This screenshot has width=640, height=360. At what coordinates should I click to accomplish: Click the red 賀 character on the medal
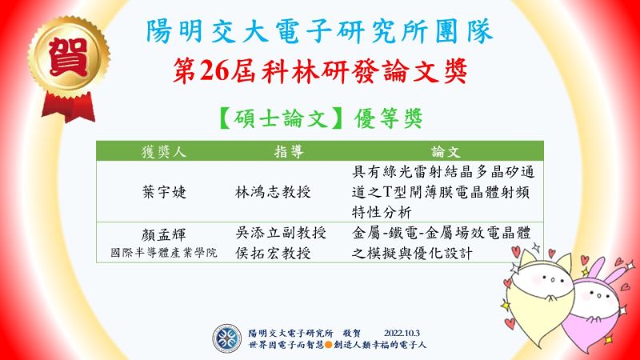pyautogui.click(x=68, y=57)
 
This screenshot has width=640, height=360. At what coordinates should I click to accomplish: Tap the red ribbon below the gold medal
pyautogui.click(x=69, y=107)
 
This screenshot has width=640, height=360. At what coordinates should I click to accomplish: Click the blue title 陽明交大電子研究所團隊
pyautogui.click(x=319, y=31)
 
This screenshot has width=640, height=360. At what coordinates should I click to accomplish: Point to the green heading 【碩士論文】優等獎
pyautogui.click(x=320, y=118)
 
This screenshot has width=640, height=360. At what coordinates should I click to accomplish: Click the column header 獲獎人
pyautogui.click(x=164, y=152)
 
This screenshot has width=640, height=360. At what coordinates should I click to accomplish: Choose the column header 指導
pyautogui.click(x=289, y=152)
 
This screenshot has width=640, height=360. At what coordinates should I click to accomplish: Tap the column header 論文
pyautogui.click(x=446, y=152)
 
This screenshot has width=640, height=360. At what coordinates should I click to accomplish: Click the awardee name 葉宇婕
pyautogui.click(x=164, y=192)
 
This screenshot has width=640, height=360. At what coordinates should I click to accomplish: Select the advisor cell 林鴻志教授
pyautogui.click(x=273, y=192)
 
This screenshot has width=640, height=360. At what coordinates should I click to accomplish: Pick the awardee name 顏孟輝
pyautogui.click(x=164, y=234)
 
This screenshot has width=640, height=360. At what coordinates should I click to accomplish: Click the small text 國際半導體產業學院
pyautogui.click(x=164, y=253)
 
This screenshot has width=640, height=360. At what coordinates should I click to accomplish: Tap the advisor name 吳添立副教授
pyautogui.click(x=281, y=233)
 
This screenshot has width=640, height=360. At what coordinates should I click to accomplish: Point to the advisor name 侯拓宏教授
pyautogui.click(x=273, y=254)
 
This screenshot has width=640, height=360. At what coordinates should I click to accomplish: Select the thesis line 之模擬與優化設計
pyautogui.click(x=412, y=254)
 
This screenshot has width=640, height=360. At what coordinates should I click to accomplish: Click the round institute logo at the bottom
pyautogui.click(x=227, y=338)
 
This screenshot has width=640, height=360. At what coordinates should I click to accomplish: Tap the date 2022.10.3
pyautogui.click(x=402, y=334)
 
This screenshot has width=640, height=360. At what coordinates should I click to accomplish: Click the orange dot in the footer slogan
pyautogui.click(x=328, y=345)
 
